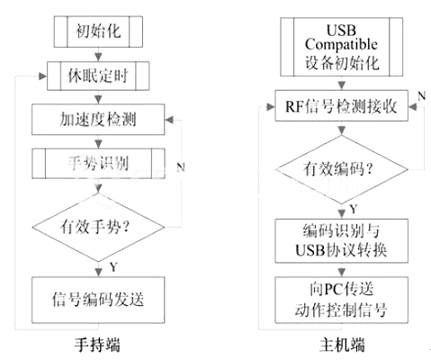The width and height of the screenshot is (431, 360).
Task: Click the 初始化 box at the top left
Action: pos(98,31)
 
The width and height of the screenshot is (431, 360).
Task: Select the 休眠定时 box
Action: pos(98,76)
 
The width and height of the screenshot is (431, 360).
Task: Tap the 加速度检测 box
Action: pos(98,120)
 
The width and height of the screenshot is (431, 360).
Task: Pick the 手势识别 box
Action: pos(98,164)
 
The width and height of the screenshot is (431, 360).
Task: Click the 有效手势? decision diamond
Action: pos(98,227)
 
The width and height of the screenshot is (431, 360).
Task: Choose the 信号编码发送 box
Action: pos(98,300)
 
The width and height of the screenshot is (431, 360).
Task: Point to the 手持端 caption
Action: pos(97,345)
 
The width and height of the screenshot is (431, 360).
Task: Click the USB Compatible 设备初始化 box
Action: pos(342,47)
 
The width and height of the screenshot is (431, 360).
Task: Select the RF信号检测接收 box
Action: pos(342,105)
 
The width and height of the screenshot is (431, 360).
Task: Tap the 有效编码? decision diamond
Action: pos(342,169)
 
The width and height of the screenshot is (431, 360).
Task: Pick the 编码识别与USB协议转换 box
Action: pos(342,241)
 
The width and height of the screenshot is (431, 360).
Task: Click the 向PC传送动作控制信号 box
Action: pos(342,300)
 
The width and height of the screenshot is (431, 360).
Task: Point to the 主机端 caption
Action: pos(342,345)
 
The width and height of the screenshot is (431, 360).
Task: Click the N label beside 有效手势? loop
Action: pos(181,167)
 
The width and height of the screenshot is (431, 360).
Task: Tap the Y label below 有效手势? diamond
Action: pos(113,266)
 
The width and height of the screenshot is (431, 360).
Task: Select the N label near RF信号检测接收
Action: pos(422,96)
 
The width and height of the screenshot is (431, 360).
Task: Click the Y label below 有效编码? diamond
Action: pos(354,209)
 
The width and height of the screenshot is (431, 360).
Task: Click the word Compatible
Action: pos(341,45)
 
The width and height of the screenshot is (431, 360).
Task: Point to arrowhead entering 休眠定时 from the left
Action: pos(43,76)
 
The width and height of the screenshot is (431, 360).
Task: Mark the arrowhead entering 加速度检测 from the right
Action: pos(169,120)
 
